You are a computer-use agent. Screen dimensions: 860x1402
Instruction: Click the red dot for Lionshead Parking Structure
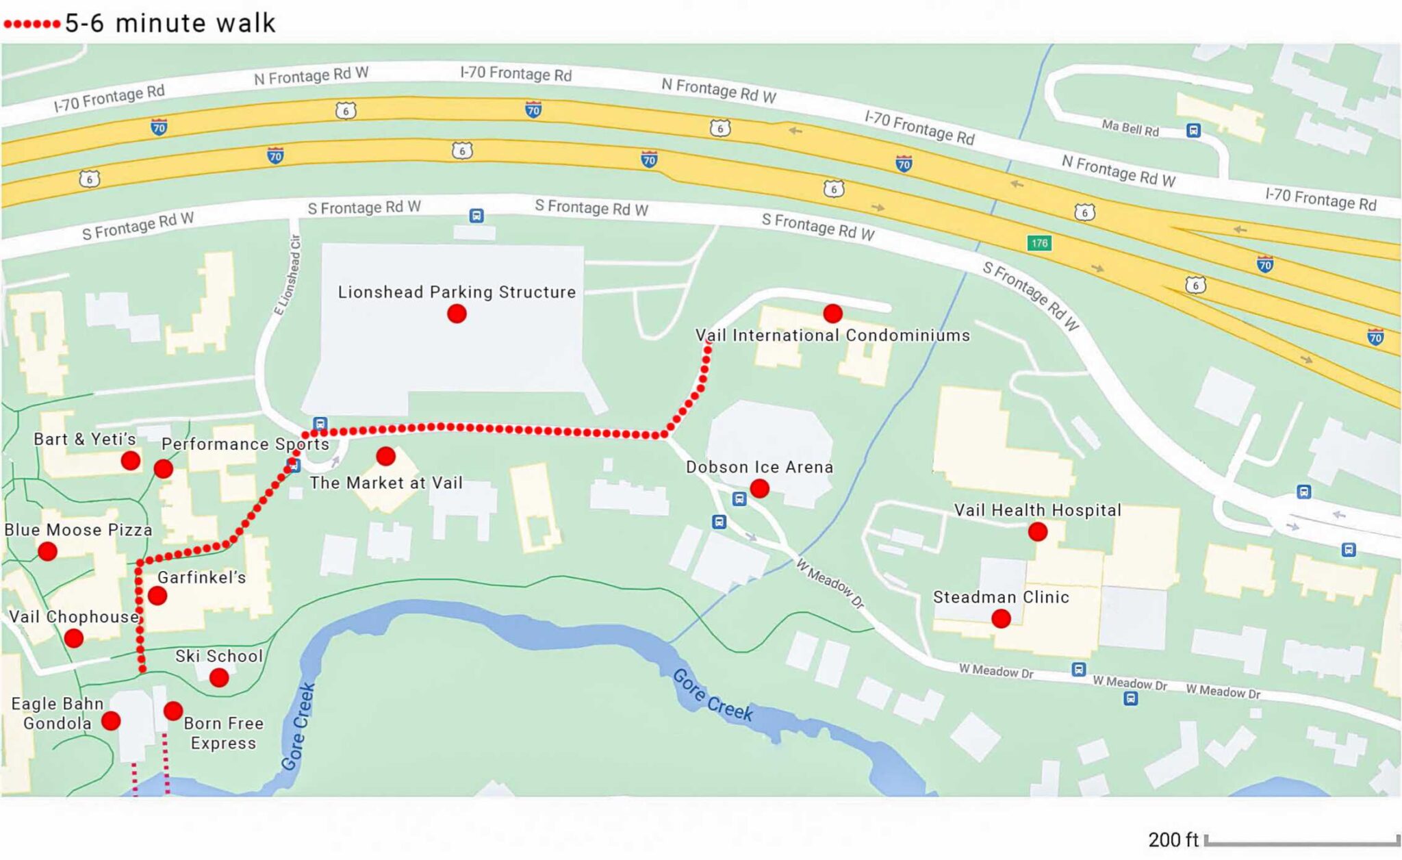point(457,314)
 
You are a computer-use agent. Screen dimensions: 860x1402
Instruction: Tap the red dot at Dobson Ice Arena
point(759,488)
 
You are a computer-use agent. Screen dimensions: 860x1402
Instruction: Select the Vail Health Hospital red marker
point(1038,531)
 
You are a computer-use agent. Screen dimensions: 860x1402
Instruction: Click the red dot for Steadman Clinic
point(1001,619)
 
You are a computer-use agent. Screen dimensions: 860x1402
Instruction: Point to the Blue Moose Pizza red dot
point(47,551)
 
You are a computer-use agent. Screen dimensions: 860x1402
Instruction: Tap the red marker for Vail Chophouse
point(74,638)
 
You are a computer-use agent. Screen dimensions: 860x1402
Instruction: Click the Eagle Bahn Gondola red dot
point(111,720)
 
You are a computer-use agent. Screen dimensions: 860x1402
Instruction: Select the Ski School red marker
point(219,678)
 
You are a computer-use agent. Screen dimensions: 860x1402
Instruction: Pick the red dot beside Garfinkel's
point(157,596)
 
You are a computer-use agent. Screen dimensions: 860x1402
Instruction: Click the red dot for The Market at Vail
point(386,456)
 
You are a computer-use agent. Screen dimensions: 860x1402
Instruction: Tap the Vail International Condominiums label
point(832,336)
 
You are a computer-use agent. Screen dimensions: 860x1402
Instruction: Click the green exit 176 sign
point(1039,243)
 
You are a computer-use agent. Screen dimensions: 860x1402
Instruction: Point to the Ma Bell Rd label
point(1130,127)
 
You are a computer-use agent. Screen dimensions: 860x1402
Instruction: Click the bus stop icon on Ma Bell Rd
point(1193,130)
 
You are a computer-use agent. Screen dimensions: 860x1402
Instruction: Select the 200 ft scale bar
point(1301,840)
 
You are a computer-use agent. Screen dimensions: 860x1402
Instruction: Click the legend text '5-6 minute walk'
point(170,23)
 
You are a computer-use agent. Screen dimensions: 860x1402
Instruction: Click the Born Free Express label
point(223,733)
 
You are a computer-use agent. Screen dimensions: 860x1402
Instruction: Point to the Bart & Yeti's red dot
point(131,461)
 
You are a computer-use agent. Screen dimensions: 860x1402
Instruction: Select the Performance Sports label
point(245,444)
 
